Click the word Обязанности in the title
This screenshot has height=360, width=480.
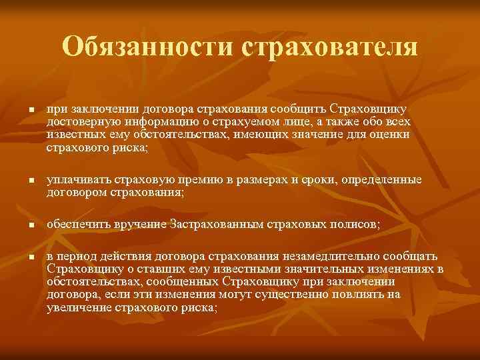point(147,47)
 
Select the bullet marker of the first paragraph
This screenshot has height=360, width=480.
point(22,109)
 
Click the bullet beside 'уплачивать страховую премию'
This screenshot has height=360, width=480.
point(22,181)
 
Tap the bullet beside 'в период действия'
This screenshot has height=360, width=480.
point(22,257)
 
